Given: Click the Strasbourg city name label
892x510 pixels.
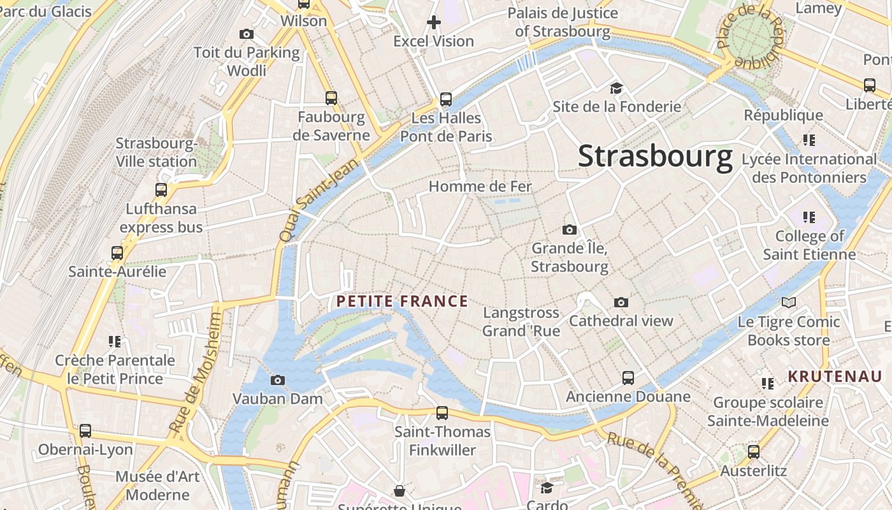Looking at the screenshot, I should tap(655, 157).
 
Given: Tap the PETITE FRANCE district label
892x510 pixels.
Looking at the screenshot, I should tap(402, 302).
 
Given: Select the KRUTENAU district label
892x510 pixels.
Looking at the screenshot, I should tap(835, 376).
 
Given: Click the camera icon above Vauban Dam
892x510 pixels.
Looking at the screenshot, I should tap(278, 381).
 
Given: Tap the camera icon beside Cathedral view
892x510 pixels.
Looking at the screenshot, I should tap(621, 302).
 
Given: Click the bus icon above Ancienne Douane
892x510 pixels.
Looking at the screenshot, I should tap(628, 378).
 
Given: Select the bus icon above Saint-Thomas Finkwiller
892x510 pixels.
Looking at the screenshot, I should tap(442, 413).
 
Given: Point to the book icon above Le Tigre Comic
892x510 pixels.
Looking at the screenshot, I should tap(789, 303).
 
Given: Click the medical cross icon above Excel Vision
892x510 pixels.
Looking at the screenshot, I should tap(434, 23).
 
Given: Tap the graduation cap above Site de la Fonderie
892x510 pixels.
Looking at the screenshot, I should tap(616, 88).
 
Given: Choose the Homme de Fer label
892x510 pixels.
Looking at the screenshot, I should tap(480, 187).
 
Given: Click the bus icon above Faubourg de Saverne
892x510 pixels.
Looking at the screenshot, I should tap(331, 98).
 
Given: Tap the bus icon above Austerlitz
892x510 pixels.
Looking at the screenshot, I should tap(754, 452).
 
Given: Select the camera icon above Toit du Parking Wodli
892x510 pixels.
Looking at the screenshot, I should tap(247, 34).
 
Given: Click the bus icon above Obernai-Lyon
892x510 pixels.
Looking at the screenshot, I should tap(85, 431).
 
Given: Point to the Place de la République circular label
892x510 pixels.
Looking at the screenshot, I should tap(753, 37).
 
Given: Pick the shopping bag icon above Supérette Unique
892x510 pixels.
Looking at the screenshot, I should tap(399, 490).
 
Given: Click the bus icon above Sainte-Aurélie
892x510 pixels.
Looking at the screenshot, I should tap(117, 253).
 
